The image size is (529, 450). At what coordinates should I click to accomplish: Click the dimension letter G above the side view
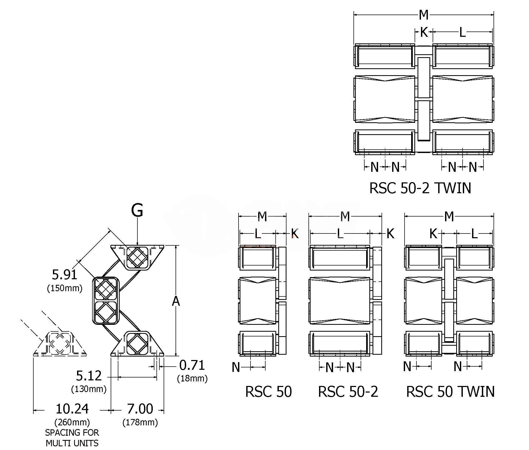coord(137,211)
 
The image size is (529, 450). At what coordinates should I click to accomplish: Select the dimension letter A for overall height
coord(176,301)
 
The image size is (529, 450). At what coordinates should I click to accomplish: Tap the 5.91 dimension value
coord(64,274)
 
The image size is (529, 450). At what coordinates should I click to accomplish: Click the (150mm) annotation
coord(65,288)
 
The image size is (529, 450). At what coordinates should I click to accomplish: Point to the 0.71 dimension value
coord(192,365)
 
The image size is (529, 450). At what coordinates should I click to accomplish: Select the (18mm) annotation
coord(192,379)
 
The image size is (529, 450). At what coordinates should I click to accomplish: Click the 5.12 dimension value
coord(89,376)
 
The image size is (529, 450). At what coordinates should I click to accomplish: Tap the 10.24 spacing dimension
coord(72,409)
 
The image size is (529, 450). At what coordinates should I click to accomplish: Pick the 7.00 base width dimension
coord(140,409)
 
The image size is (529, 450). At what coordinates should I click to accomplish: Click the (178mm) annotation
coord(140,422)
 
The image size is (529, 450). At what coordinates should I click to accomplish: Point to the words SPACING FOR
coord(72,433)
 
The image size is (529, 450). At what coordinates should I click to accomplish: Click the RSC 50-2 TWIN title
coord(420,188)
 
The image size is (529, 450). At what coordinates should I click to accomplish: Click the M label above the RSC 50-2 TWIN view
coord(424,15)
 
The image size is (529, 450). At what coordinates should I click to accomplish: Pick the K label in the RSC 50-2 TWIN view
coord(424,32)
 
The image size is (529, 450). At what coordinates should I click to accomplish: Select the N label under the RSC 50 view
coord(236,367)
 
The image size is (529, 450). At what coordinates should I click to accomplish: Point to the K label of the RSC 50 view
coord(295,233)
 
